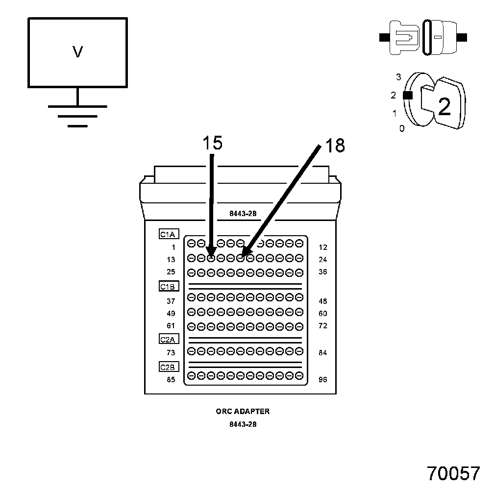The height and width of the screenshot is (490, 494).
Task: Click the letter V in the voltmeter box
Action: pos(77,52)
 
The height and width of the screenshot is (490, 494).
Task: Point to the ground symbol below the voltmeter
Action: pos(77,116)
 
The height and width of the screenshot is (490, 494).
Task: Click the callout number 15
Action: pos(212,143)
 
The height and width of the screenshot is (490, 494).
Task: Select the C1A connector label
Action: pos(169,235)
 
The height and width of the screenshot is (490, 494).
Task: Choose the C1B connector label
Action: pos(169,287)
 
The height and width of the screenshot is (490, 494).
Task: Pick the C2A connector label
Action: pos(169,339)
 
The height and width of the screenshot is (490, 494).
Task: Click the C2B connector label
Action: pos(169,367)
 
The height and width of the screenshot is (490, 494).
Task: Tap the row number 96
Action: pos(322,379)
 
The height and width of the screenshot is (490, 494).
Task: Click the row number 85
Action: pos(171,379)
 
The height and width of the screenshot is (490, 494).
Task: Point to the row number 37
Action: pos(171,301)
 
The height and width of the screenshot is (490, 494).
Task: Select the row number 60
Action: pos(322,314)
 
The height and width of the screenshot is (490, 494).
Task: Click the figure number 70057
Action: pos(453,474)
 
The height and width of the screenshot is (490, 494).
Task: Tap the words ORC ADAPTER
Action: pos(243,412)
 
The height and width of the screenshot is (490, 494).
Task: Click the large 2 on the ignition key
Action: pos(444,107)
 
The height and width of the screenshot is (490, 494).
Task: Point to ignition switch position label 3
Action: pos(399,77)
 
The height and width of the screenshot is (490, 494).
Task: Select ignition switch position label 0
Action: pos(402,129)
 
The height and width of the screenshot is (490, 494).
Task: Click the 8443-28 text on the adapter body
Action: pos(243,214)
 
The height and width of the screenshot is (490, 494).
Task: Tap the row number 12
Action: pos(322,247)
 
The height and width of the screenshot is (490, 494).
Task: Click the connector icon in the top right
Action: pos(423,37)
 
